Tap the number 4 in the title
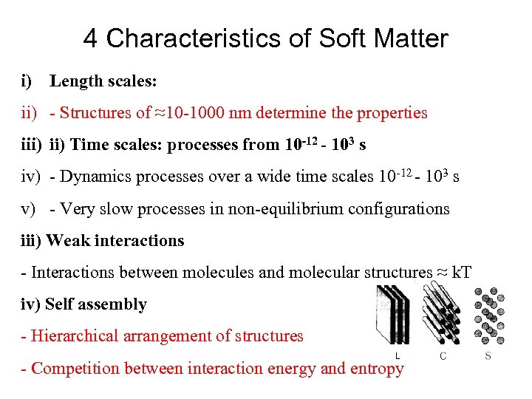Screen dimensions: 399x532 click(90, 38)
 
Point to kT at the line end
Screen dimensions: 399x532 click(460, 273)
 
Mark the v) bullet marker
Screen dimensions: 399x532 click(29, 208)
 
